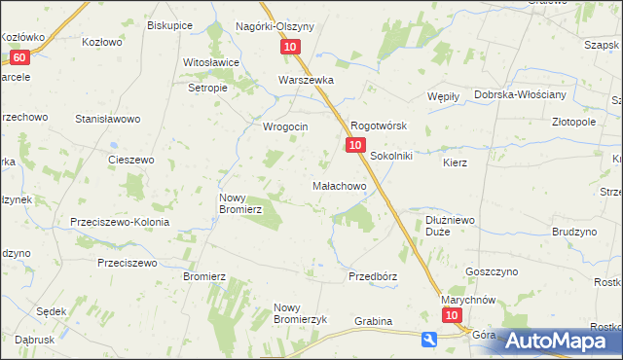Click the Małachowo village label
[338, 185]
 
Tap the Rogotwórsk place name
[378, 126]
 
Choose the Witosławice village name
[211, 62]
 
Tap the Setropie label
[207, 87]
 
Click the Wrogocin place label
[285, 126]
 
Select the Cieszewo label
[131, 160]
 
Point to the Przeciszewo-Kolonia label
[120, 222]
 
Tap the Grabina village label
[373, 321]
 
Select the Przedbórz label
[373, 276]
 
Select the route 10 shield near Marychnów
[451, 316]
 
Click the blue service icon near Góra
[428, 339]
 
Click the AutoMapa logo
[551, 341]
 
